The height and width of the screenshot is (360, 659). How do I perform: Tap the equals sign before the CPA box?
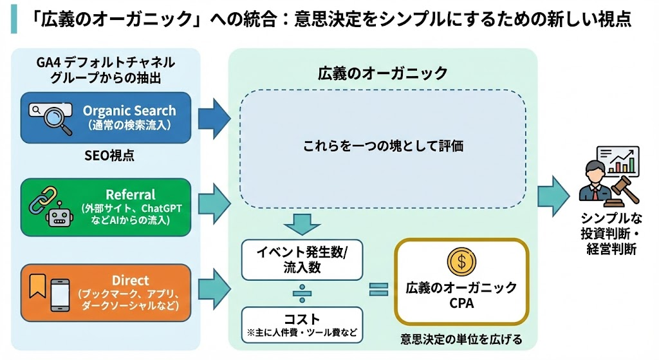point(378,289)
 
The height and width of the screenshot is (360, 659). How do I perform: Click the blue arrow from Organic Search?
point(213,117)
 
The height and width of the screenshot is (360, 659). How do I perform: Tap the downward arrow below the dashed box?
point(301,223)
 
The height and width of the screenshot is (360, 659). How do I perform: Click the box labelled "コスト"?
point(302,325)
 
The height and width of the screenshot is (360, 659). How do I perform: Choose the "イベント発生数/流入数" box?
point(302,259)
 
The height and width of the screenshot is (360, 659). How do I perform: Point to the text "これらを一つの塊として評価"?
point(384,146)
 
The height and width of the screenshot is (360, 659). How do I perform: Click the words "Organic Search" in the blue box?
point(129,111)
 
